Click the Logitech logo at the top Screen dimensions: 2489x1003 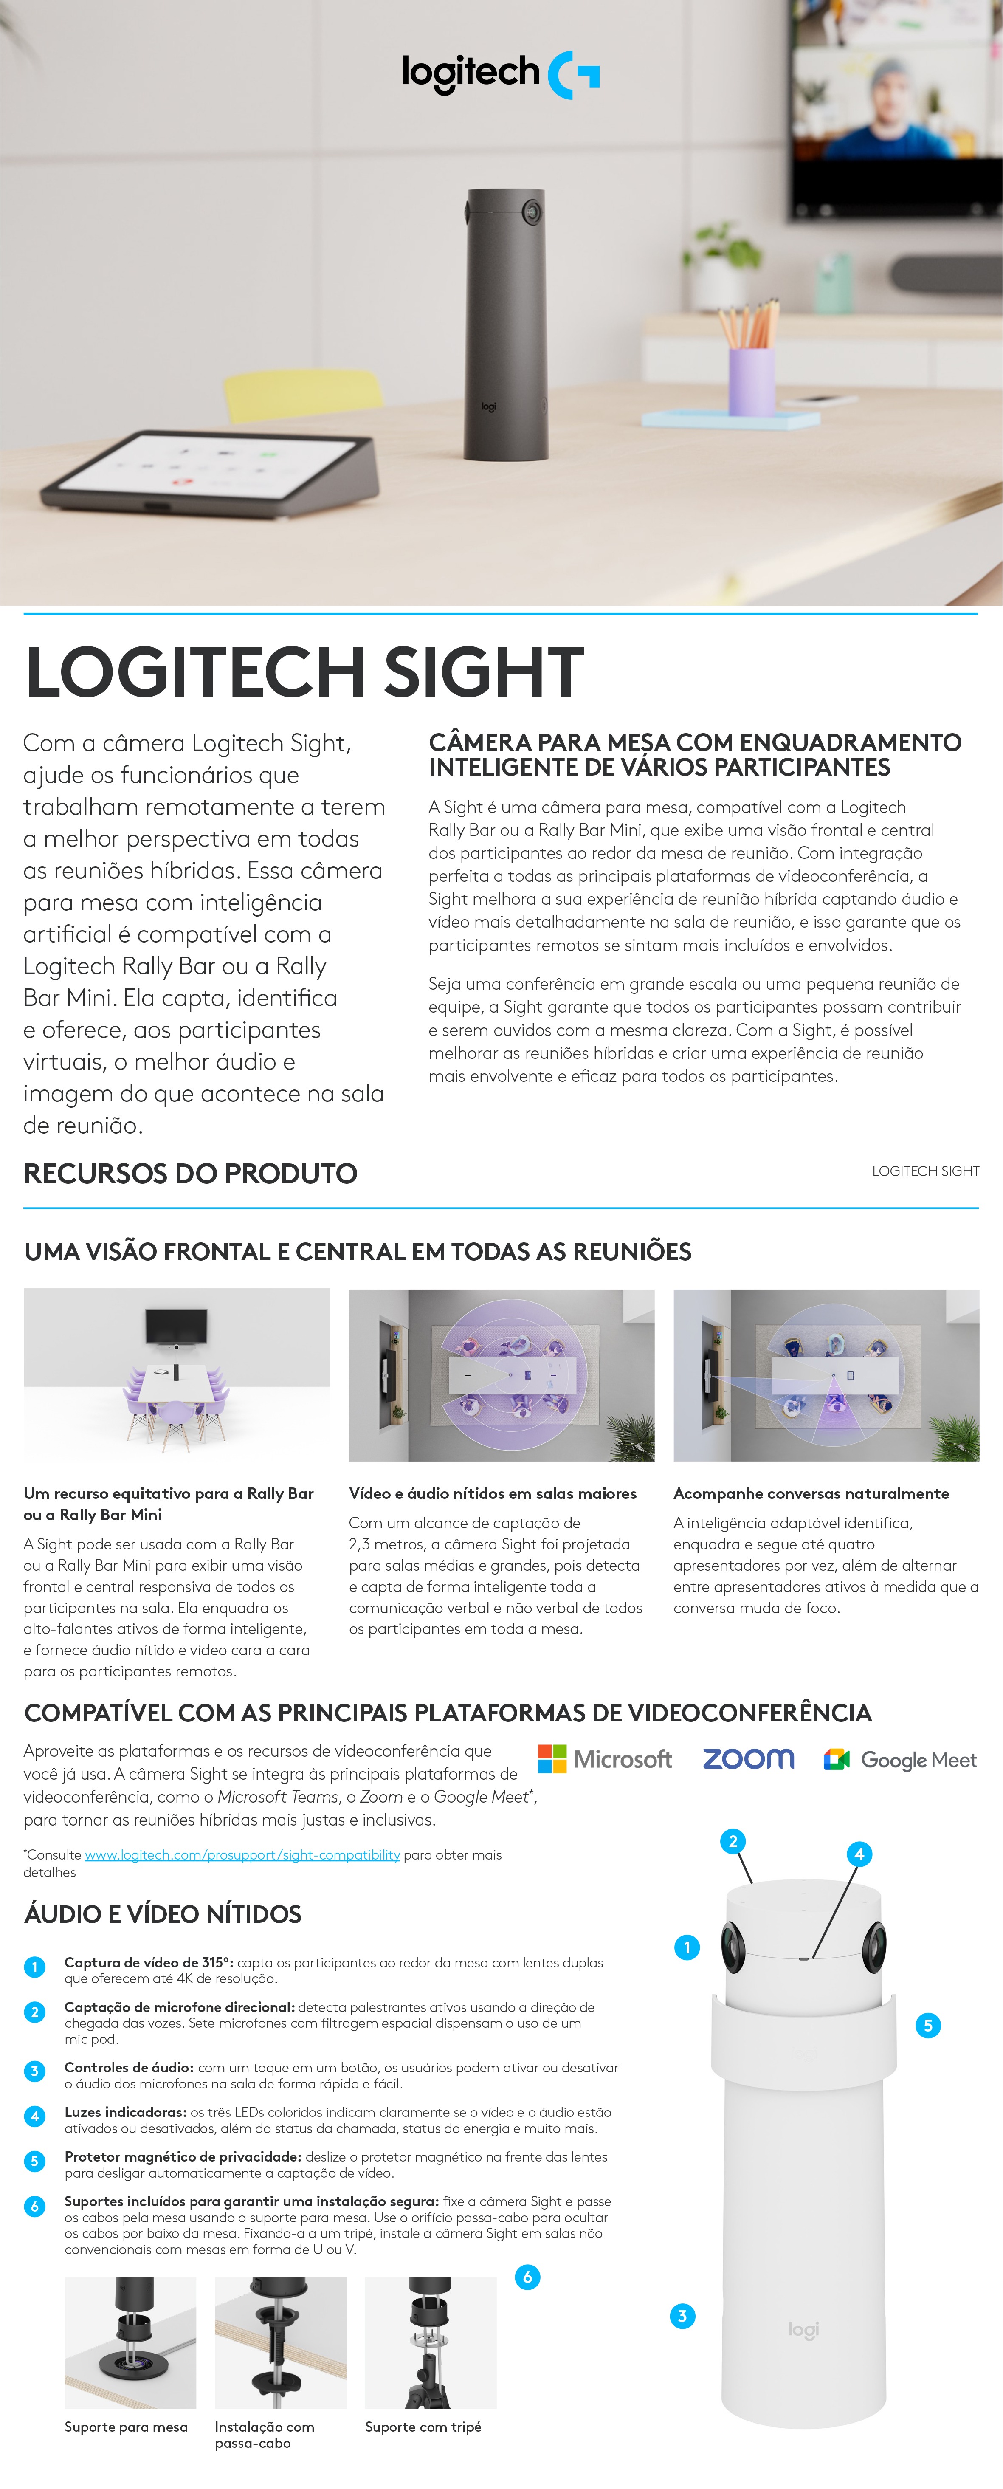(501, 73)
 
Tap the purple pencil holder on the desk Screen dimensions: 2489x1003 (751, 379)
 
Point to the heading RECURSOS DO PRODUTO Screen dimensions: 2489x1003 (190, 1174)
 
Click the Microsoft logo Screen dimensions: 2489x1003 (605, 1758)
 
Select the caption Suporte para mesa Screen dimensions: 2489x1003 (126, 2426)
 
